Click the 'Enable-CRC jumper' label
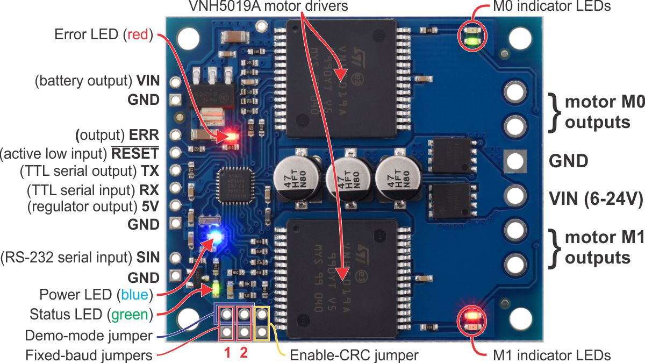click(354, 355)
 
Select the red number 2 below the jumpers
click(243, 353)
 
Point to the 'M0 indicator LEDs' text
click(551, 6)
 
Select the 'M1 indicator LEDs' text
click(551, 355)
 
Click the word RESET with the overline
click(135, 154)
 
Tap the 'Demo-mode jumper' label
click(89, 336)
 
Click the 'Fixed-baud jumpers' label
click(89, 355)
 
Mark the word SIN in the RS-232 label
click(147, 258)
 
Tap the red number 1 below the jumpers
click(227, 353)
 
